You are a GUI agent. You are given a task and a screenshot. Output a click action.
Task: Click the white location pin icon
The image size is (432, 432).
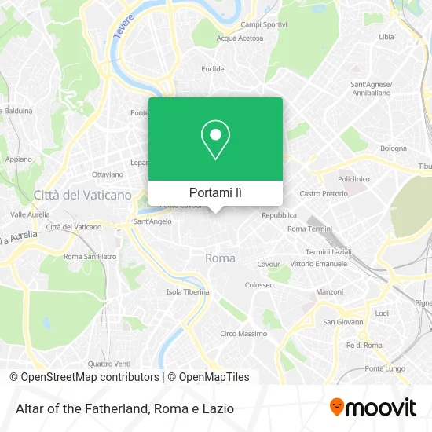click(x=215, y=140)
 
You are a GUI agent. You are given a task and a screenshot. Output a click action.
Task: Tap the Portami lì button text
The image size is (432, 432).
click(x=215, y=192)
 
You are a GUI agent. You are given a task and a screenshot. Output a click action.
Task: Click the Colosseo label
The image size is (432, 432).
click(x=259, y=285)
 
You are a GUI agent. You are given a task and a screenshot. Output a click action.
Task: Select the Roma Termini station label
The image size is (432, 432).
click(x=309, y=229)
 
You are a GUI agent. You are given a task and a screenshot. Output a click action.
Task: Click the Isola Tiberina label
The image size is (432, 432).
click(x=188, y=292)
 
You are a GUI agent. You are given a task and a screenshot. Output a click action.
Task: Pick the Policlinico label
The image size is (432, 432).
click(x=353, y=178)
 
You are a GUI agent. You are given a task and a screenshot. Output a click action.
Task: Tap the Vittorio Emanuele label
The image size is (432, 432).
click(x=318, y=264)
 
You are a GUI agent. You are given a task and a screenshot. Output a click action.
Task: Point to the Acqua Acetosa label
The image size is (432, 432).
click(x=240, y=38)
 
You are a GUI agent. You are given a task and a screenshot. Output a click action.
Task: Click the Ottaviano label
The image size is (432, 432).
click(x=108, y=174)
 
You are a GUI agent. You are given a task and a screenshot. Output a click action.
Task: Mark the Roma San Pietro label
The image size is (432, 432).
click(x=90, y=257)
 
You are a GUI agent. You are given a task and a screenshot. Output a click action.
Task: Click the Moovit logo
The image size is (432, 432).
click(x=372, y=408)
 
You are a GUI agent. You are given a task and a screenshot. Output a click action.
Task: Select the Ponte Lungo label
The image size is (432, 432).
click(x=384, y=368)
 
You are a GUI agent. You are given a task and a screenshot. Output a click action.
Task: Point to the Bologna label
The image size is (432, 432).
click(x=394, y=148)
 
